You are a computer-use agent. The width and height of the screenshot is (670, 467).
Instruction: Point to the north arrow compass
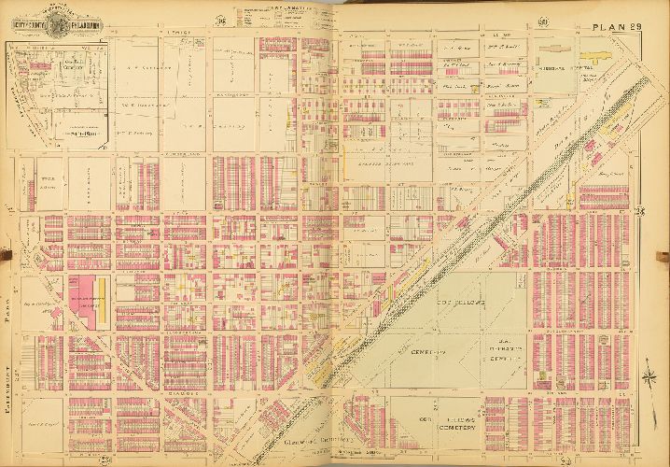[x=644, y=382]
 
